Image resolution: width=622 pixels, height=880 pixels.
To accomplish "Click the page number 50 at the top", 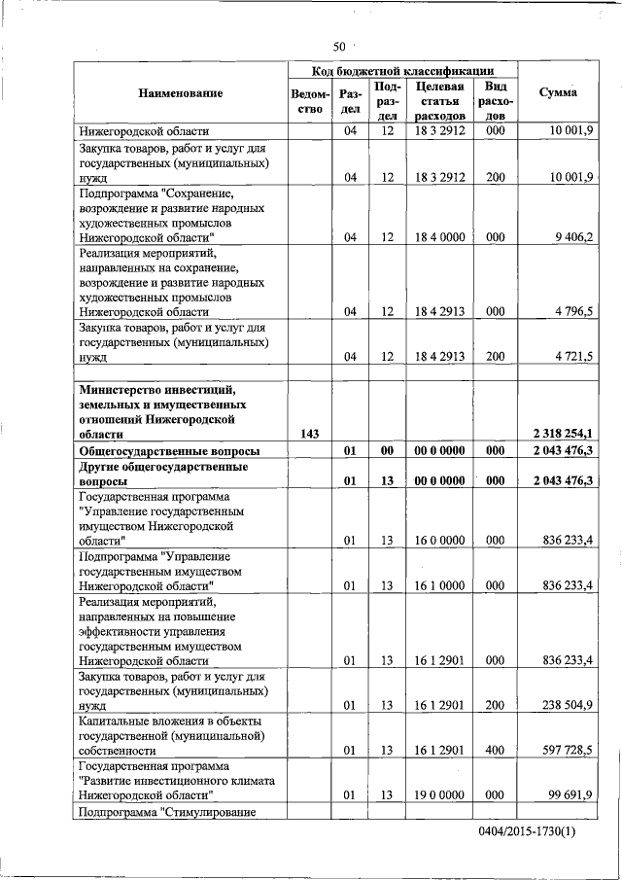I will (x=339, y=46).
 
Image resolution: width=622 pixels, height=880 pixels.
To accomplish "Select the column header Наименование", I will (x=180, y=92).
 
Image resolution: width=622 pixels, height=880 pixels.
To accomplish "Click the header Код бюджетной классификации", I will (x=402, y=71).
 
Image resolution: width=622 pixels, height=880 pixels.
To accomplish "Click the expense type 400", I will (x=496, y=751).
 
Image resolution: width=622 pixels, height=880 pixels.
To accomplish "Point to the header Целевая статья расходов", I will (x=439, y=101).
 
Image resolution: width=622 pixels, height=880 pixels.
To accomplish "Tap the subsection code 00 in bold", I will (x=387, y=451).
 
